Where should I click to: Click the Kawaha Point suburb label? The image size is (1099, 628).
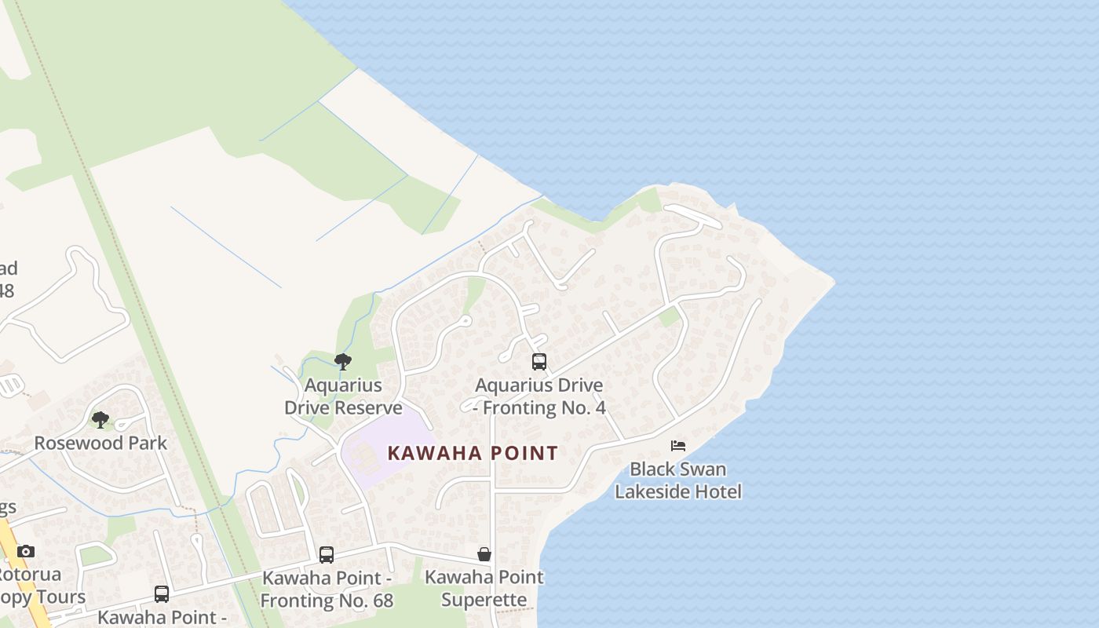click(473, 453)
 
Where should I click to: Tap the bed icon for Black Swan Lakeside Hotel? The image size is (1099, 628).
click(678, 446)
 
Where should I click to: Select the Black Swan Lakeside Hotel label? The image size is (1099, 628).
click(678, 480)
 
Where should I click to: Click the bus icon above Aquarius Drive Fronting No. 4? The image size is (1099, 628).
click(539, 362)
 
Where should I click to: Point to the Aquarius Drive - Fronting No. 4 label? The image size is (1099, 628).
click(540, 396)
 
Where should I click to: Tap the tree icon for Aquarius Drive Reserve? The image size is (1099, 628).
click(342, 362)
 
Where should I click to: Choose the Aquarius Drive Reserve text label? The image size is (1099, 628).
click(343, 396)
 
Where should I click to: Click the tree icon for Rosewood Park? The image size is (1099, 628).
click(100, 420)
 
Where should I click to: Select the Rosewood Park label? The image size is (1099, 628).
click(100, 443)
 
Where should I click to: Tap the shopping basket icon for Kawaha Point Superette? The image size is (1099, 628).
click(484, 554)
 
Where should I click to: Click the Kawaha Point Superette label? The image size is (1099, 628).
click(484, 589)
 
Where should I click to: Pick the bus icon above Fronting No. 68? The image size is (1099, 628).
click(327, 555)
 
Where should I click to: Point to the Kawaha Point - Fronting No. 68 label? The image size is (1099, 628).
click(327, 590)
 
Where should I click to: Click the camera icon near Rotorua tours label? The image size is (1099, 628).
click(26, 551)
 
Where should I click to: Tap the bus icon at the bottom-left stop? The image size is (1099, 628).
click(162, 594)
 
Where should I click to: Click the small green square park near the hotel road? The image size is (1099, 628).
click(669, 317)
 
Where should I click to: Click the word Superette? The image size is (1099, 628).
click(484, 601)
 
